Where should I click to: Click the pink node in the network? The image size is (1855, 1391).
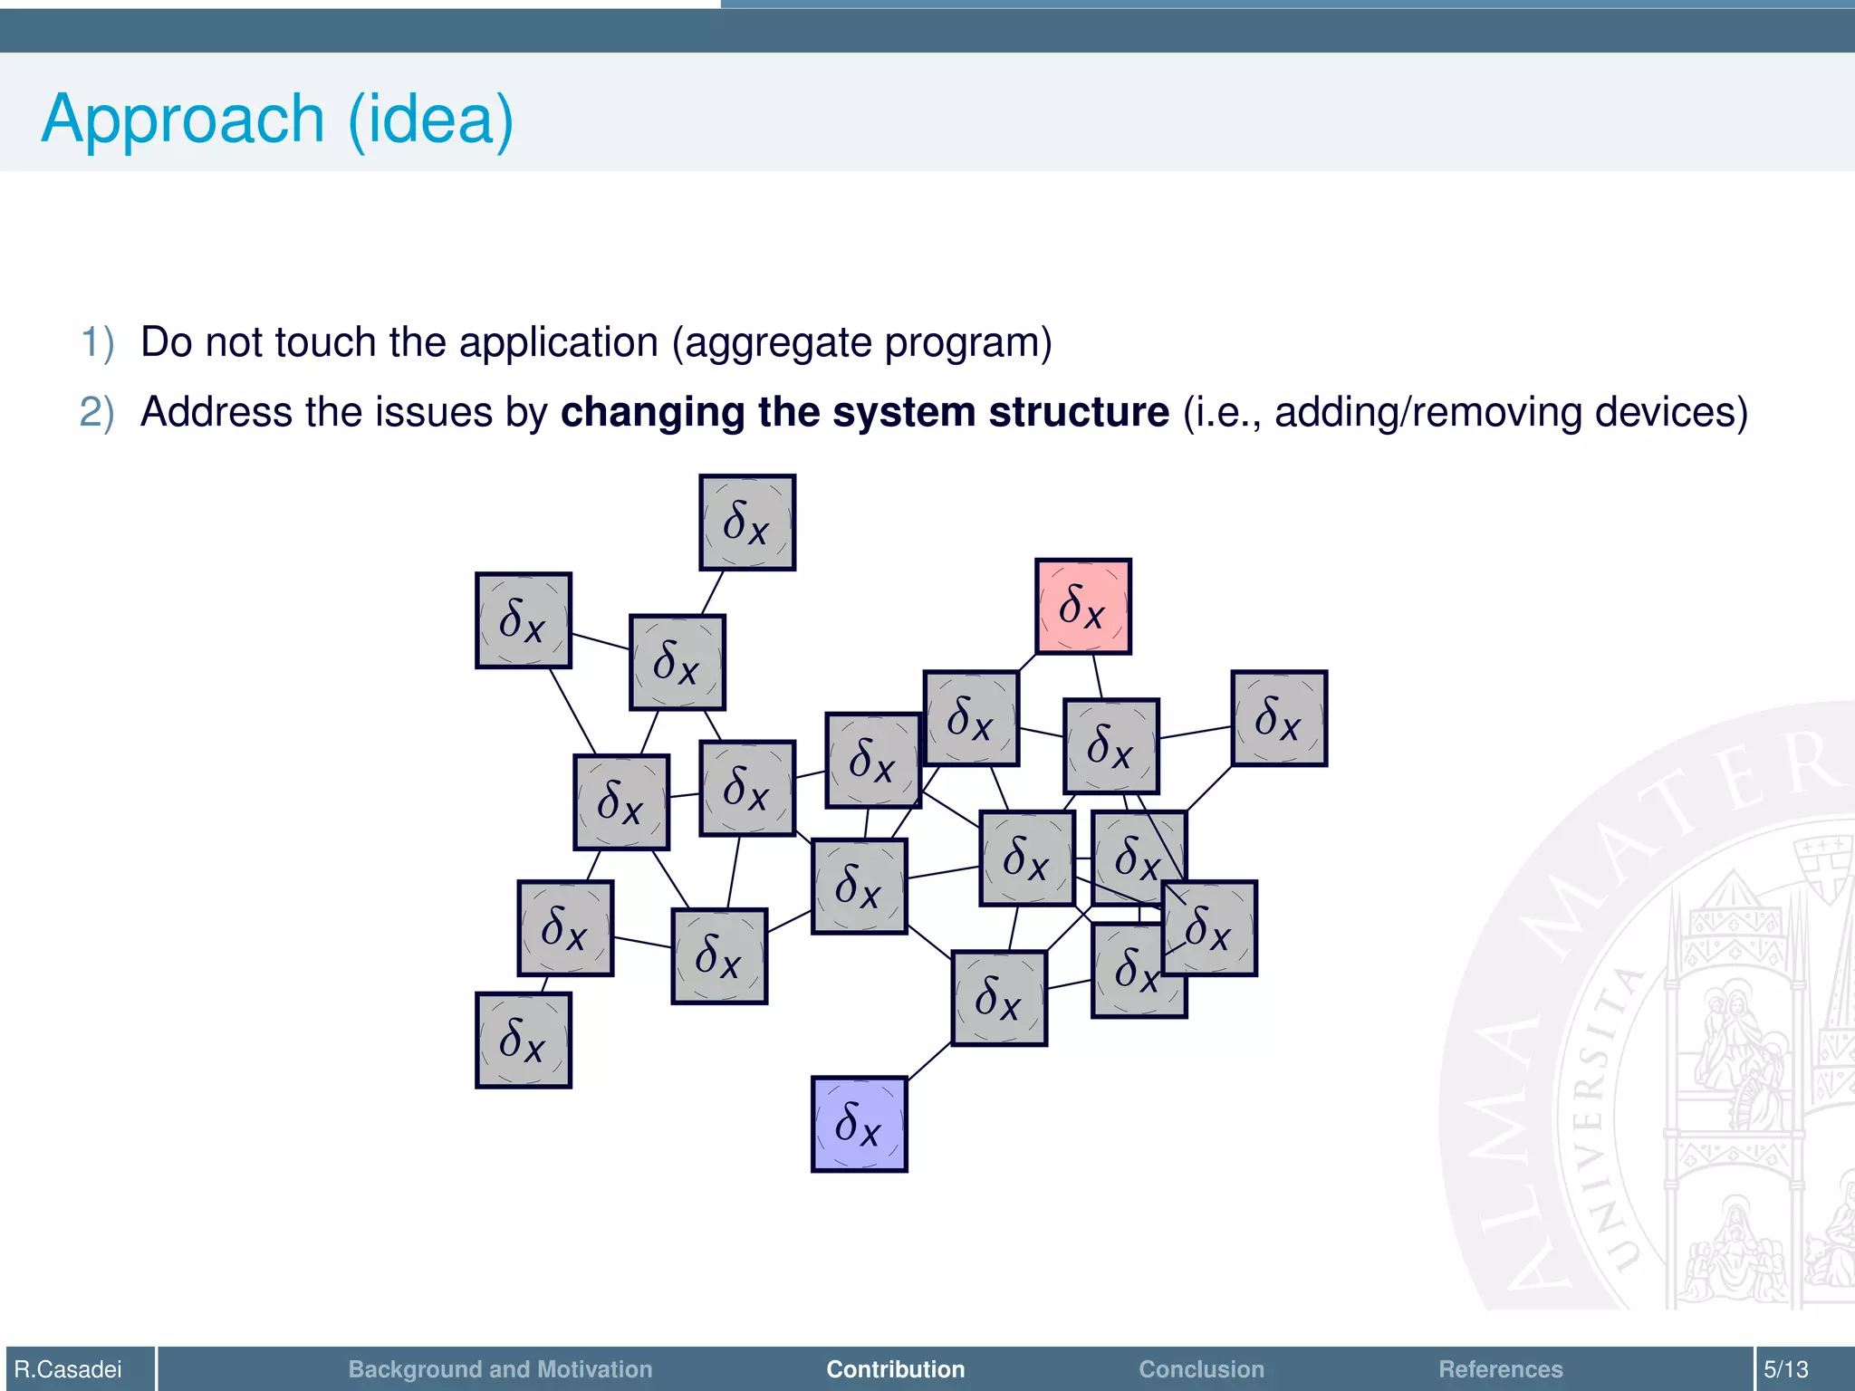1083,607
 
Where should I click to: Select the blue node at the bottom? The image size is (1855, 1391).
859,1124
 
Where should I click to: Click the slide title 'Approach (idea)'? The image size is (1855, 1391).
277,119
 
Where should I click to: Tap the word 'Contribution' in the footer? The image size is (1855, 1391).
895,1369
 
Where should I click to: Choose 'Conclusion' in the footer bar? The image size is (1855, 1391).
1201,1369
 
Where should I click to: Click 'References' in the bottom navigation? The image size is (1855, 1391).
1500,1369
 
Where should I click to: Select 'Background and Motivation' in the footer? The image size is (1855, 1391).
500,1369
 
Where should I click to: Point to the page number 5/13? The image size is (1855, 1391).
1785,1369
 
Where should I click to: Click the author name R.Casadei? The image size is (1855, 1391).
68,1369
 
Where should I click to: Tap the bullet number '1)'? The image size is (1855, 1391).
98,342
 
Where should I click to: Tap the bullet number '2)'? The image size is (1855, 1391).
98,412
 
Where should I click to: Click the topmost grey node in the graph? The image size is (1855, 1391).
747,523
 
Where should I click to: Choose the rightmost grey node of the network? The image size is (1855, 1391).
1279,718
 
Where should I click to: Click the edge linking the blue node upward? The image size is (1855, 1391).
929,1061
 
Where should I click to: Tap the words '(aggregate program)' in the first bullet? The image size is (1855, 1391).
861,342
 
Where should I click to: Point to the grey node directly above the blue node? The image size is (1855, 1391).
859,886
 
